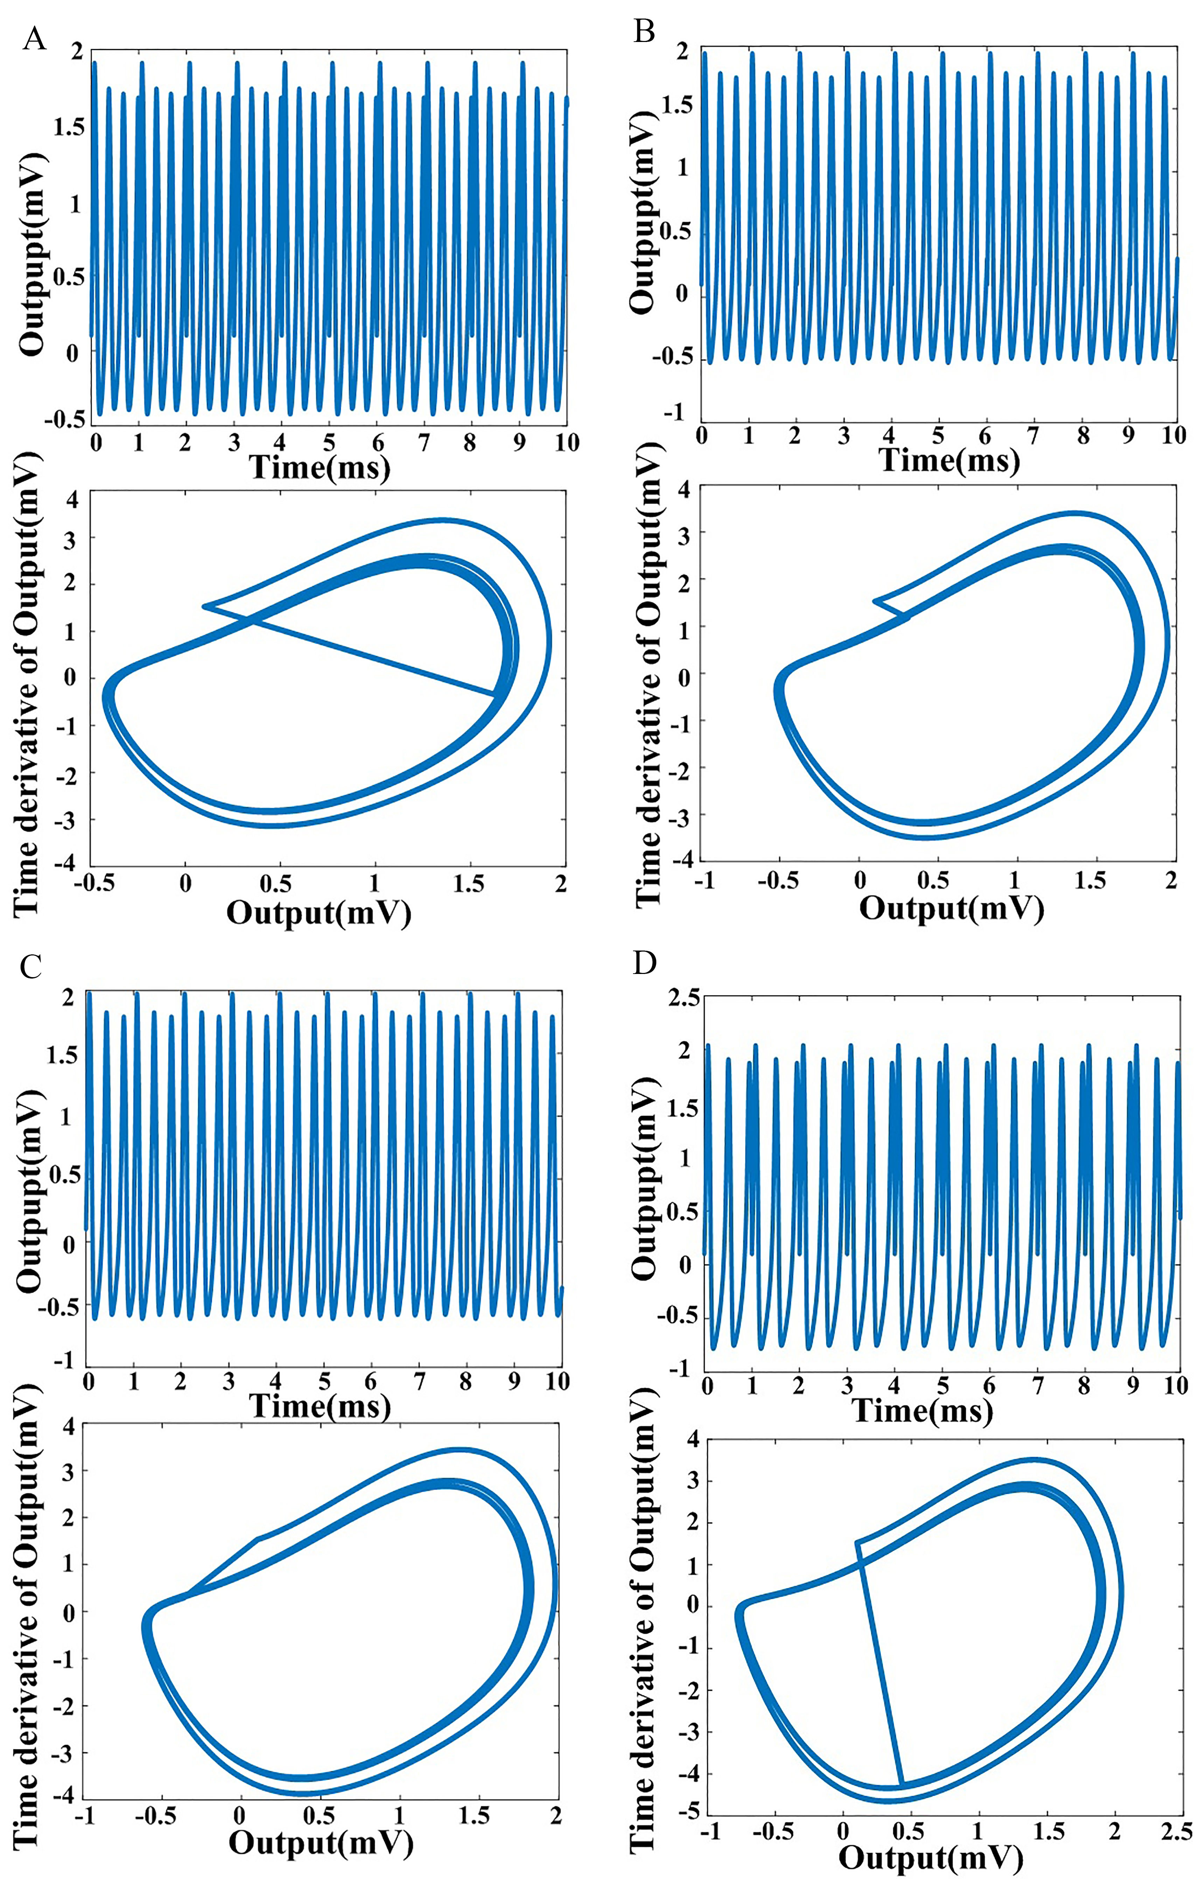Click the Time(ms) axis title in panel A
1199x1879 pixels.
(320, 468)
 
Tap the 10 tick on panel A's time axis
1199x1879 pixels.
(566, 443)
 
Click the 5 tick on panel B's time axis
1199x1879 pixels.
(939, 435)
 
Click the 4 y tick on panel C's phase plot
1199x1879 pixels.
(69, 1426)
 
